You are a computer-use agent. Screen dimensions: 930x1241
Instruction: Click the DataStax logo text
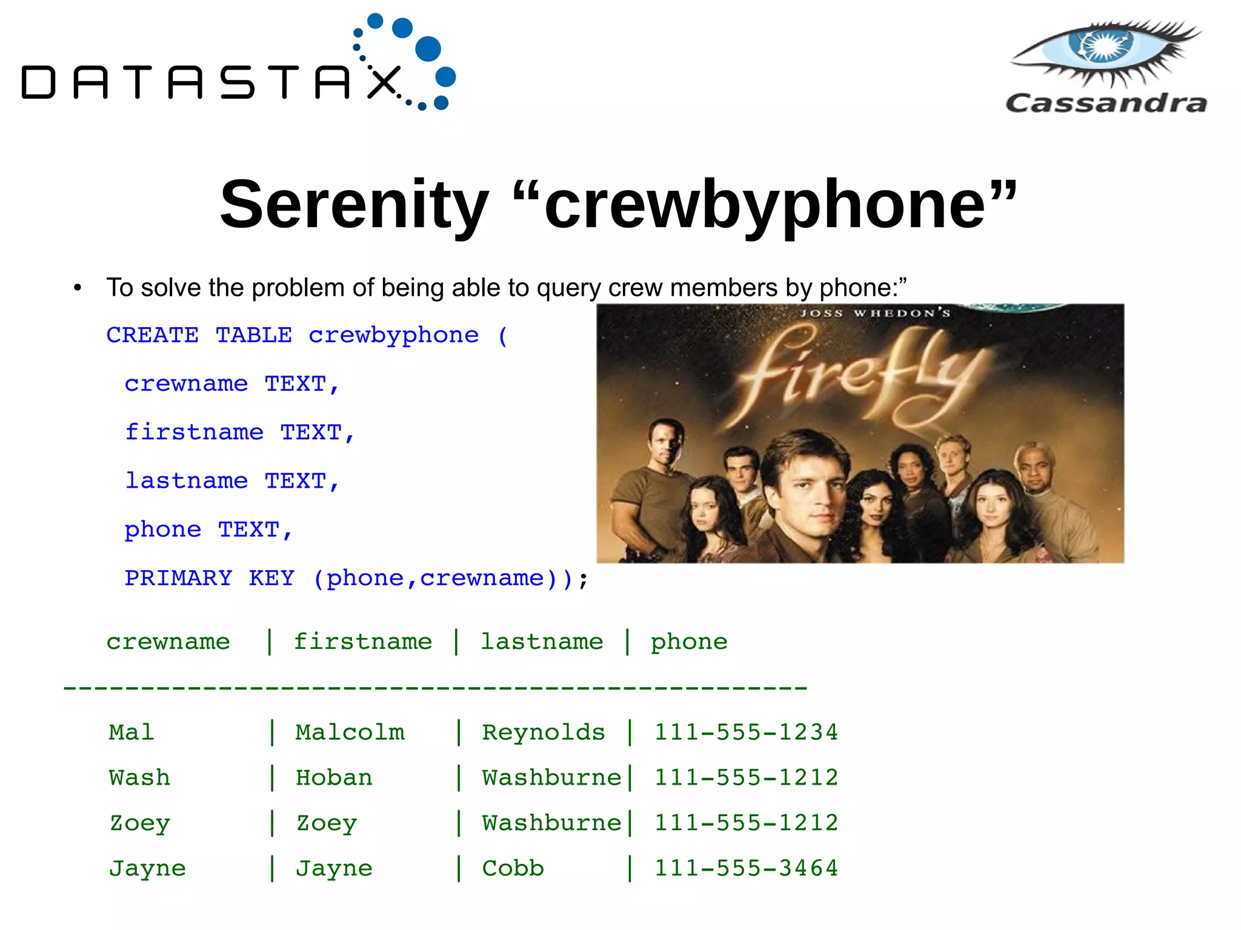click(x=209, y=82)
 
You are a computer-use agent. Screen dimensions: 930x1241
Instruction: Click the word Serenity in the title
click(x=354, y=205)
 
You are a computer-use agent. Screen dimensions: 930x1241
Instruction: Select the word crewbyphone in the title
click(x=767, y=205)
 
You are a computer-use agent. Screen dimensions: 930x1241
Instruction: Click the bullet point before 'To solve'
click(x=78, y=288)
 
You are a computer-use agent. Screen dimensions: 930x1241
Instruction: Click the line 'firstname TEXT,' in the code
click(x=239, y=433)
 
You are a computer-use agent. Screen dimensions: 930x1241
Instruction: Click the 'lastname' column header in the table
click(x=542, y=642)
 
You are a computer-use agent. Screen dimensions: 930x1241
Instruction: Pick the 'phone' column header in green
click(x=689, y=642)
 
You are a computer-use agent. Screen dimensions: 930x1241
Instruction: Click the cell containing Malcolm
click(x=350, y=732)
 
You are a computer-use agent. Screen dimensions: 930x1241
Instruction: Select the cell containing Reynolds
click(x=543, y=732)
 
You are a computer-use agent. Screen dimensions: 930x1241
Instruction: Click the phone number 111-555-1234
click(x=746, y=732)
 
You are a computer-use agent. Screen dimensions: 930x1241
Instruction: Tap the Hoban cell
click(x=334, y=778)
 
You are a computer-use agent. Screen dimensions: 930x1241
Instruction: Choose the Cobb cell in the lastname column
click(x=513, y=869)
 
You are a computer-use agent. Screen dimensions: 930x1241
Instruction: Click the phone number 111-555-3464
click(x=746, y=869)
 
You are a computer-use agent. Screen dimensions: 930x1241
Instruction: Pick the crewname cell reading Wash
click(x=139, y=778)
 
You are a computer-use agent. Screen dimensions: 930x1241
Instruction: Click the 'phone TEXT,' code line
click(x=208, y=530)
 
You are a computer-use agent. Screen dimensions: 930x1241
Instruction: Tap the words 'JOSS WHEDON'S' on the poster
click(x=874, y=313)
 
